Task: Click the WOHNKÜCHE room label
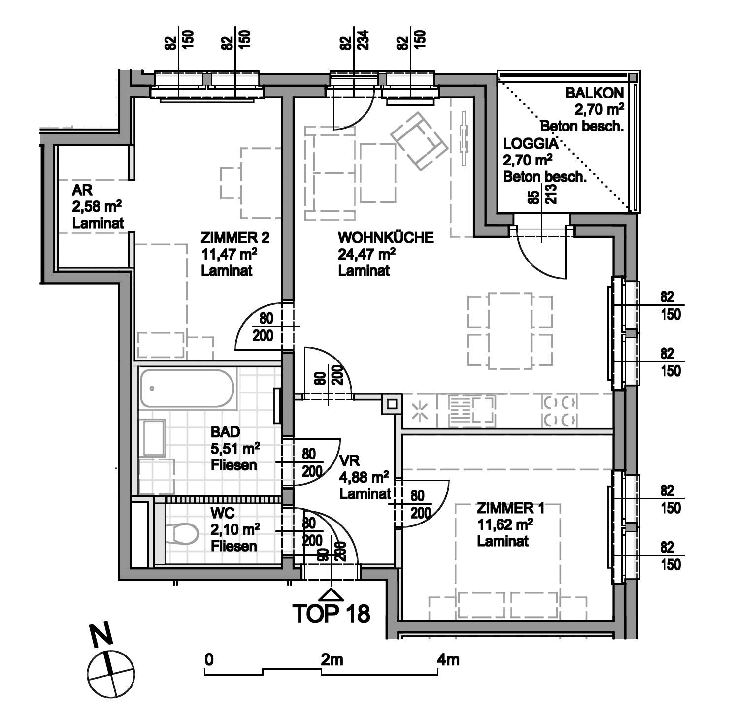(x=386, y=237)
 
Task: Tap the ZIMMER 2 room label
(x=235, y=237)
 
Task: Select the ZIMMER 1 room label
(x=510, y=508)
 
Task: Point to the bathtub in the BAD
(x=187, y=389)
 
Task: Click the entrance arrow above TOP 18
(x=331, y=593)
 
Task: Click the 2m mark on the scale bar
(x=332, y=659)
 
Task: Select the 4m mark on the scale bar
(x=448, y=659)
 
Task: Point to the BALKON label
(x=595, y=93)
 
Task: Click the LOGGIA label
(x=531, y=144)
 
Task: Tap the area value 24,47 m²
(x=366, y=254)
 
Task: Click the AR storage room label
(x=82, y=190)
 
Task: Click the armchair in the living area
(x=419, y=141)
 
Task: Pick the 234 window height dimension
(x=364, y=40)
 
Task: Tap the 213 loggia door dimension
(x=551, y=194)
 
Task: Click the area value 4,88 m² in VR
(x=364, y=477)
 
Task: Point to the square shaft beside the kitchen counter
(x=392, y=405)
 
